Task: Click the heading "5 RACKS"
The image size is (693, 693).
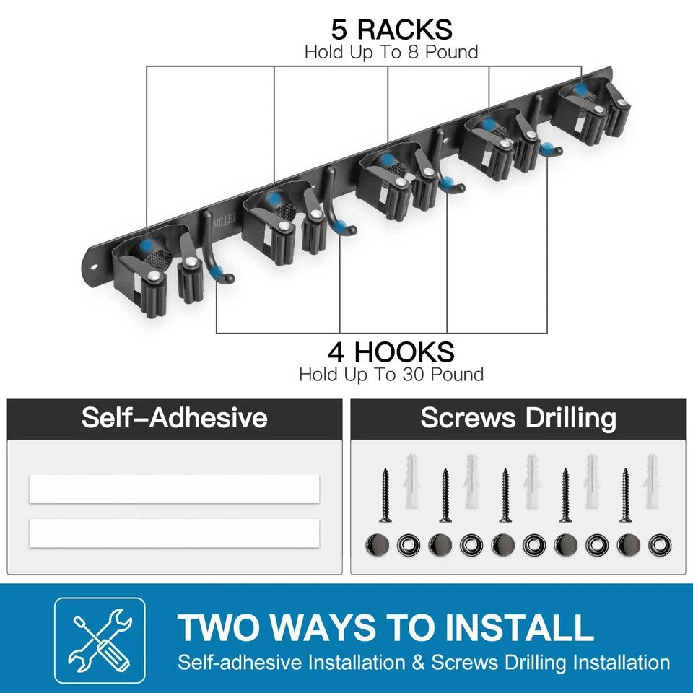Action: (x=391, y=30)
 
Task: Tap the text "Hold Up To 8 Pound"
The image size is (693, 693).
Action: (x=391, y=52)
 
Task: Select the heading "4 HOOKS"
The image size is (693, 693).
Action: (x=391, y=352)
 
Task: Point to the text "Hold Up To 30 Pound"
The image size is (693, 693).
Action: (x=391, y=375)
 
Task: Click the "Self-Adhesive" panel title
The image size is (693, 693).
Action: (x=174, y=418)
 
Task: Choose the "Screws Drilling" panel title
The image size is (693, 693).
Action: (x=518, y=418)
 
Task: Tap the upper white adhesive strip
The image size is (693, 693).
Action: (x=174, y=489)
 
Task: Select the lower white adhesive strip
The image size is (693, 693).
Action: (x=174, y=533)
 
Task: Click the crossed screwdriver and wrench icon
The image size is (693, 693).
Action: (x=100, y=640)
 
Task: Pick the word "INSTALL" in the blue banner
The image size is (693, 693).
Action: (x=519, y=627)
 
